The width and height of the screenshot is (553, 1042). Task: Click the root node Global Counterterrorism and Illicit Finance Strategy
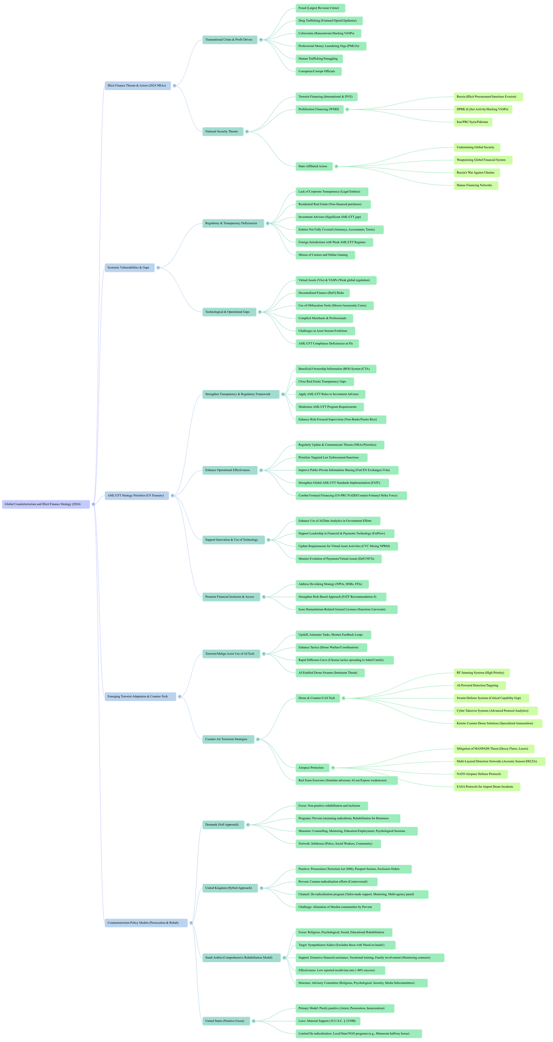pyautogui.click(x=46, y=504)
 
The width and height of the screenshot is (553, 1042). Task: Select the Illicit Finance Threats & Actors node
pyautogui.click(x=137, y=86)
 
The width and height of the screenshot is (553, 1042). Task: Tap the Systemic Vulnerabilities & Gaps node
pyautogui.click(x=128, y=267)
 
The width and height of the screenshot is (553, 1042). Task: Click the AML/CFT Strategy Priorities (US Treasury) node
pyautogui.click(x=136, y=495)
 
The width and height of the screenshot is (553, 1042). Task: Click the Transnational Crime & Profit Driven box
pyautogui.click(x=229, y=40)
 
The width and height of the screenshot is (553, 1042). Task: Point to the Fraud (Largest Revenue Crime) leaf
pyautogui.click(x=319, y=8)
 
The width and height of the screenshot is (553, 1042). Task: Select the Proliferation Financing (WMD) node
pyautogui.click(x=319, y=109)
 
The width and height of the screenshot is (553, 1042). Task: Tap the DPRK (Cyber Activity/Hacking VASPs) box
pyautogui.click(x=483, y=109)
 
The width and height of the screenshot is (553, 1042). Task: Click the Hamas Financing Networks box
pyautogui.click(x=476, y=185)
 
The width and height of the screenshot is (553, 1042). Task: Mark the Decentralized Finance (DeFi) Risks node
pyautogui.click(x=322, y=293)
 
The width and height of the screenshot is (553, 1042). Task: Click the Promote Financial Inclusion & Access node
pyautogui.click(x=231, y=596)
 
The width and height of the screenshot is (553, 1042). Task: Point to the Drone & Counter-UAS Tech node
pyautogui.click(x=317, y=698)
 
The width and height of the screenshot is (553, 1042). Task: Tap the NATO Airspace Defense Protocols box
pyautogui.click(x=479, y=774)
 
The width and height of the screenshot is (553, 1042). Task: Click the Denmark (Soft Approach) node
pyautogui.click(x=222, y=825)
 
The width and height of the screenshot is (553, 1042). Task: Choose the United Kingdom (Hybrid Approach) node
pyautogui.click(x=229, y=888)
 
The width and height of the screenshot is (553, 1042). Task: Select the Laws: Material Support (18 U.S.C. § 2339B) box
pyautogui.click(x=327, y=1021)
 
